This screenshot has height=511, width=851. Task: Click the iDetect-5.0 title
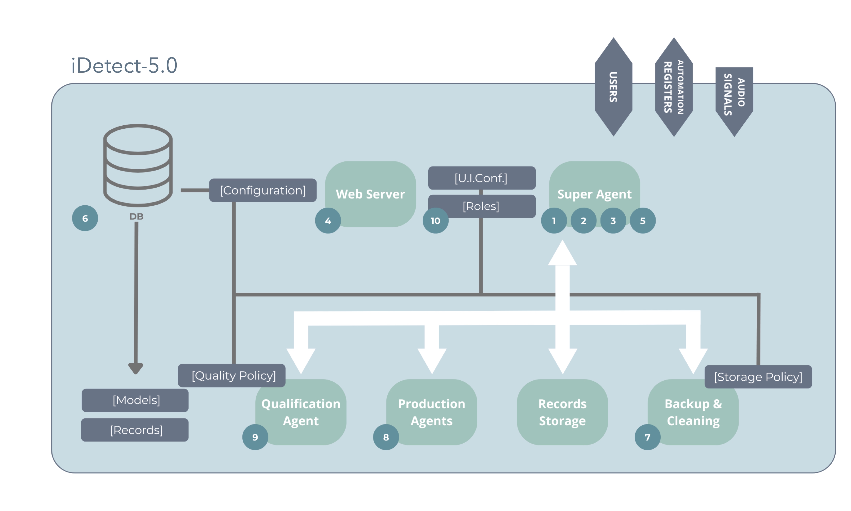(124, 66)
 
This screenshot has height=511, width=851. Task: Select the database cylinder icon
(138, 165)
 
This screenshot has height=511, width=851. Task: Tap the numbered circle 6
(85, 218)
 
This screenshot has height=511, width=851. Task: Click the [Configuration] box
(263, 190)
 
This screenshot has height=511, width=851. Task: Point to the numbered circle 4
(328, 221)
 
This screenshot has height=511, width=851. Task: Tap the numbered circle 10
(435, 221)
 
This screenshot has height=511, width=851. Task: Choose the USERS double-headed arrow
(613, 87)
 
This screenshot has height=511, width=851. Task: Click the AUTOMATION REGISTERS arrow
(673, 87)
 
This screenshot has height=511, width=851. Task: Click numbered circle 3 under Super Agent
(613, 221)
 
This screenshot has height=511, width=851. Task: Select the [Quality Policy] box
(231, 375)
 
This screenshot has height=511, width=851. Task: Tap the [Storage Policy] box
(758, 377)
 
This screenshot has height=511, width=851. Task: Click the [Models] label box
(135, 400)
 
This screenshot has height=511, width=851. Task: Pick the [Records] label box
(135, 430)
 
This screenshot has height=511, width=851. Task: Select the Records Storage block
(562, 412)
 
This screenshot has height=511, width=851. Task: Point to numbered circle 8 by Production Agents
(386, 437)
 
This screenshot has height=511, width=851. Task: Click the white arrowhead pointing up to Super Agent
(562, 255)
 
